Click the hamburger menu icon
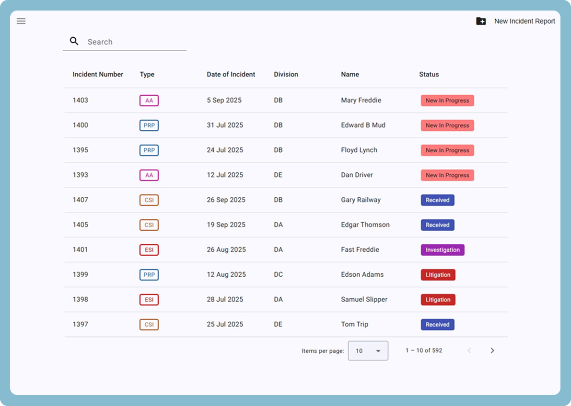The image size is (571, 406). point(21,21)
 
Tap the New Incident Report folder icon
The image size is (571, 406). point(481,21)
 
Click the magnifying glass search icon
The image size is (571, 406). point(74,41)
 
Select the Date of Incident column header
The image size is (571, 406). point(231,74)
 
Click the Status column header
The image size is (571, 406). point(429,74)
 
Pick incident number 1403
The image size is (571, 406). point(81,101)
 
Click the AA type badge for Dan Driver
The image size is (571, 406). point(149,175)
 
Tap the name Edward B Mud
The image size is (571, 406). point(363,125)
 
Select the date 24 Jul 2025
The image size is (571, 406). point(225,150)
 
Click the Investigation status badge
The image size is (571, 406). point(443,250)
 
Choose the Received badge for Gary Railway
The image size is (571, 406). point(437,200)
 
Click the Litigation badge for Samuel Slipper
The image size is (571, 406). point(438,300)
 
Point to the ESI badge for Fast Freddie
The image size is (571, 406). point(149,250)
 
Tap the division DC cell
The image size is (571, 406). point(278,275)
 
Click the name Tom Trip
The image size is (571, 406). point(354,325)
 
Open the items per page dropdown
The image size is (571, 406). point(368,351)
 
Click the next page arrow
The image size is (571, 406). point(492,351)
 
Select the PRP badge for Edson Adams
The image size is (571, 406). point(149,275)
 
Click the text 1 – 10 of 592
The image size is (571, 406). point(424,351)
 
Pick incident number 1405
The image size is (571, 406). point(81,225)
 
